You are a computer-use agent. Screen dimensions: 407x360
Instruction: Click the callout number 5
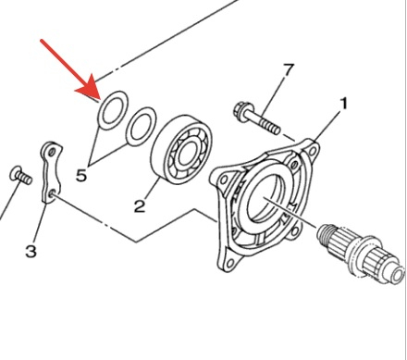[81, 176]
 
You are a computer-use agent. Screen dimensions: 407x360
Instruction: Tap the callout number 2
[140, 206]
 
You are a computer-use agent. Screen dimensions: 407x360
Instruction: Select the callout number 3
[31, 251]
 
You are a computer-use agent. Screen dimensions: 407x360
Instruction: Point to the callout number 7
[289, 70]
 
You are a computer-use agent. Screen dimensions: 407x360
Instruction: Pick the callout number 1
[343, 104]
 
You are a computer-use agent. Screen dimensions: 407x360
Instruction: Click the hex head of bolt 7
[240, 110]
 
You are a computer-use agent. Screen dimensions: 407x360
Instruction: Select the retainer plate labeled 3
[50, 173]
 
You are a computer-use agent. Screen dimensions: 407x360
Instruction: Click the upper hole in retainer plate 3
[53, 152]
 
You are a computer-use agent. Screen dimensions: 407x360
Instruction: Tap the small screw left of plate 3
[21, 176]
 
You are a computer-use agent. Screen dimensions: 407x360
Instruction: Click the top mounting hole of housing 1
[313, 150]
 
